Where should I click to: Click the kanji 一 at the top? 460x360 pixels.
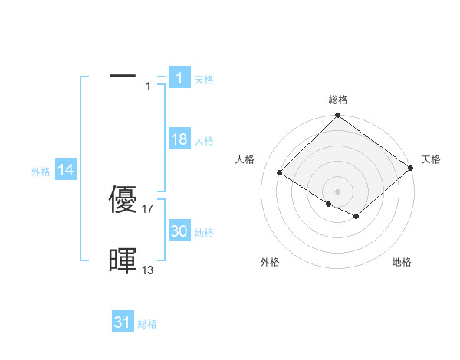click(123, 76)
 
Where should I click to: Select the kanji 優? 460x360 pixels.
click(123, 201)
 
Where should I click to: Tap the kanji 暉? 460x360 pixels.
click(123, 261)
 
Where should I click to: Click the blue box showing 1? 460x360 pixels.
click(179, 77)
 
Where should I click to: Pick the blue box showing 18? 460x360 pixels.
click(179, 139)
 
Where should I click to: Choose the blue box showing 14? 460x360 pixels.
click(66, 170)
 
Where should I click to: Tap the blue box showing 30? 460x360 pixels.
click(179, 231)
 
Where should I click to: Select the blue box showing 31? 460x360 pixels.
click(123, 322)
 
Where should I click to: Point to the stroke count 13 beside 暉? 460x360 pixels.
click(148, 270)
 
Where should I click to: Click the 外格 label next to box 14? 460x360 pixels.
click(41, 172)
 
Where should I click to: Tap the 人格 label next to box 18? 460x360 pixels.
click(204, 141)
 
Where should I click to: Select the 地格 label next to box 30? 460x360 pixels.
click(204, 233)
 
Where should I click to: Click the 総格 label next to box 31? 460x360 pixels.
click(147, 324)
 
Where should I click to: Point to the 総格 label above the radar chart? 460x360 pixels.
click(338, 100)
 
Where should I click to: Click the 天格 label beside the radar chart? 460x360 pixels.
click(431, 159)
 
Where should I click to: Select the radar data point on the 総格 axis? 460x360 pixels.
click(338, 116)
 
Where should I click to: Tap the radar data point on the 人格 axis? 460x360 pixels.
click(280, 172)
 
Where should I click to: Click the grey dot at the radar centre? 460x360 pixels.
click(338, 191)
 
